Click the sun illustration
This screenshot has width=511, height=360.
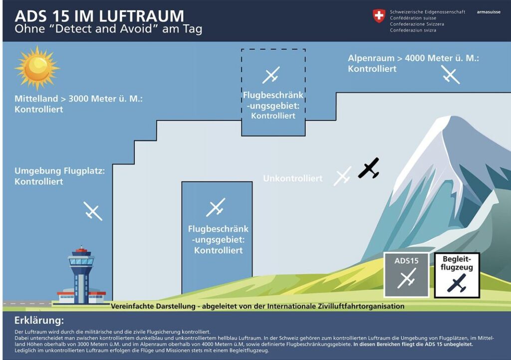(x=37, y=68)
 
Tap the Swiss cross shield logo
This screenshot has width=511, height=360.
(x=379, y=16)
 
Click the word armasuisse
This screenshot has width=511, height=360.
(x=489, y=12)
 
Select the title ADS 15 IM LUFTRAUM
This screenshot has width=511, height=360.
(x=99, y=16)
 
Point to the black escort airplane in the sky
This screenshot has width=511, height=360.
(x=369, y=168)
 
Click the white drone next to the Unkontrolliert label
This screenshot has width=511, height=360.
(x=342, y=176)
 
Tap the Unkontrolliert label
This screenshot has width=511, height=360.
(x=292, y=179)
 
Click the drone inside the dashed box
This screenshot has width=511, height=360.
(x=271, y=75)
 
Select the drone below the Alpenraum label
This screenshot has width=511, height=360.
(x=451, y=74)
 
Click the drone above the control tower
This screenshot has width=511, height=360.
(x=93, y=211)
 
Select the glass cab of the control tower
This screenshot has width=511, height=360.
(x=81, y=261)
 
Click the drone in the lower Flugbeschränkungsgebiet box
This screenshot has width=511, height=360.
(x=216, y=207)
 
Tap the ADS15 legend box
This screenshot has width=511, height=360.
(x=406, y=275)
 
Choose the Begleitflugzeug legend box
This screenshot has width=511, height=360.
(x=457, y=275)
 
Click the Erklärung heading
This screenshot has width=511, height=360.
(x=39, y=321)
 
